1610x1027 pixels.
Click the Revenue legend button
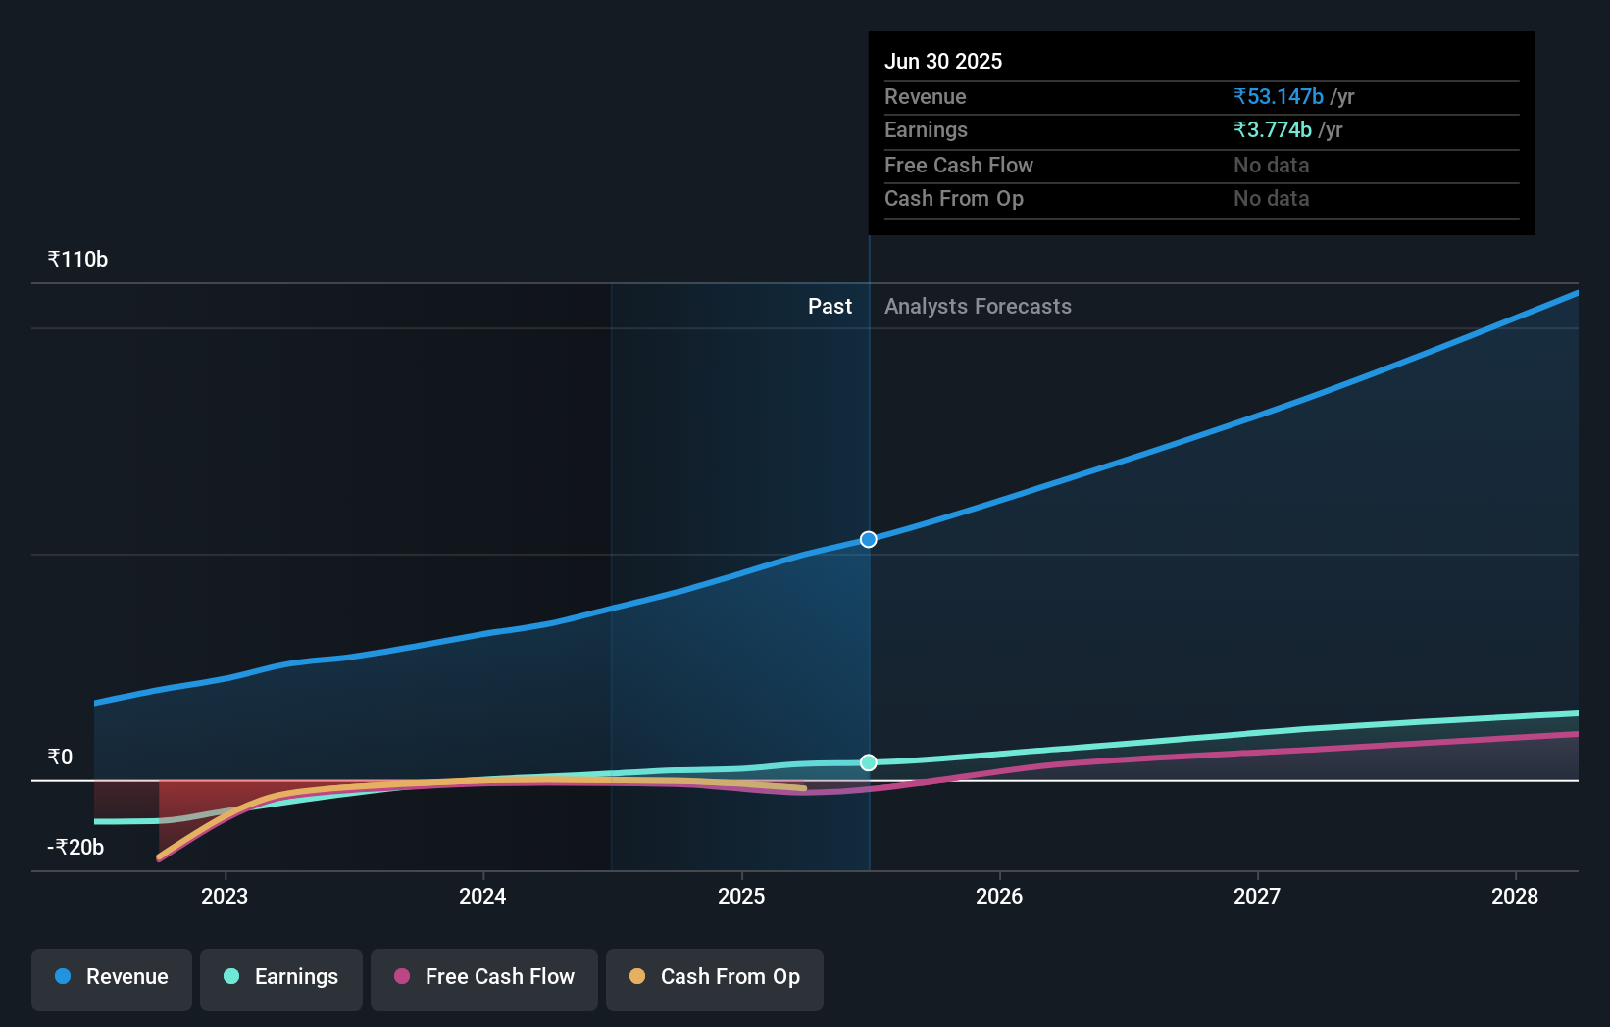point(112,978)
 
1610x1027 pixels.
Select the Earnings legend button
point(281,978)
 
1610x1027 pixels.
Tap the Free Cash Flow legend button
point(484,978)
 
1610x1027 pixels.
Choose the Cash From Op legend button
point(715,978)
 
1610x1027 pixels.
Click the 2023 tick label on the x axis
point(225,897)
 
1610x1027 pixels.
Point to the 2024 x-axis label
point(482,897)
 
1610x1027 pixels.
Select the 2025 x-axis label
point(741,897)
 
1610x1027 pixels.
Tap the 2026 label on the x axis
point(999,897)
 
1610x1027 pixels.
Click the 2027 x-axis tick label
point(1257,897)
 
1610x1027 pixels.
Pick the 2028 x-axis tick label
point(1515,897)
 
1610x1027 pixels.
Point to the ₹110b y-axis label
point(77,260)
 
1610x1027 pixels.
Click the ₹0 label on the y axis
point(60,758)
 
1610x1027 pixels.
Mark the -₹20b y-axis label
point(75,848)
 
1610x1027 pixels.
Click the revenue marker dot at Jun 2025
point(869,540)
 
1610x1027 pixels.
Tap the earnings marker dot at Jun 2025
point(869,762)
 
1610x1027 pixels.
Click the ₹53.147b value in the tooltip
point(1279,97)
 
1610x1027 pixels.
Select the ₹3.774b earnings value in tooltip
point(1273,130)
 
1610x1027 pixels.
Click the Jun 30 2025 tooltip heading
point(943,62)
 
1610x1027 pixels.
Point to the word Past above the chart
point(830,307)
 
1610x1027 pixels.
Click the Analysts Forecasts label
point(978,307)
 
